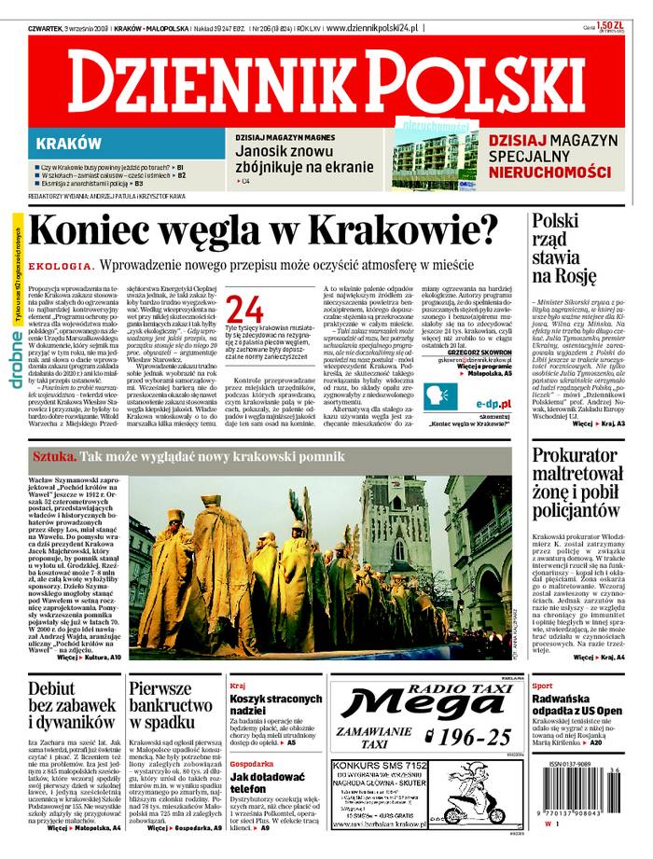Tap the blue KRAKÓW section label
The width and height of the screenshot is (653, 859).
tap(69, 144)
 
